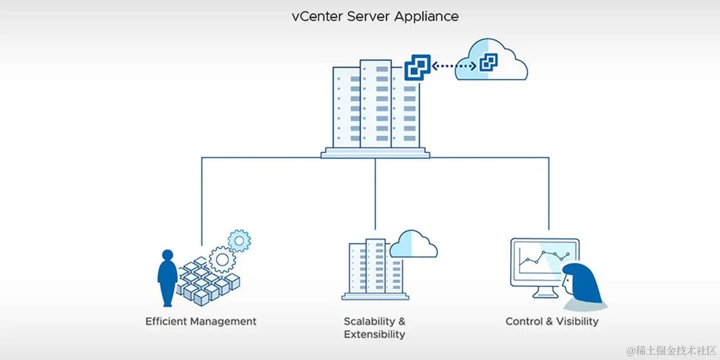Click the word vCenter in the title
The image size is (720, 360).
pos(316,16)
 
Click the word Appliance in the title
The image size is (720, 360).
pos(426,17)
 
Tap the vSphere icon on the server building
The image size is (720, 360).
pos(417,68)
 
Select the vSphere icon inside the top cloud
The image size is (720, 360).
pos(488,63)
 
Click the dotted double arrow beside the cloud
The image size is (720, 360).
pos(454,66)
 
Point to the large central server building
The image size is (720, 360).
pos(375,107)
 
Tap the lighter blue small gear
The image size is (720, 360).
pos(240,241)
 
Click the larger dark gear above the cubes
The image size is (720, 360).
pos(222,259)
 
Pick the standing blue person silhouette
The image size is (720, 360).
pos(167,276)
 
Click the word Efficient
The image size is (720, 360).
pos(166,322)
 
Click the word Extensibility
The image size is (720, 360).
pos(374,335)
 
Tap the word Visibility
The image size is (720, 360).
pos(577,322)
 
